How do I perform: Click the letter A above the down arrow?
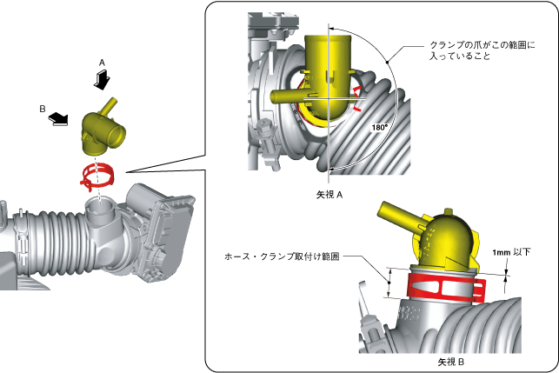(103, 63)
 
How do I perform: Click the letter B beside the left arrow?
(43, 110)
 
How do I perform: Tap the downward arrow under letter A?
(103, 79)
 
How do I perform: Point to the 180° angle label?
(379, 127)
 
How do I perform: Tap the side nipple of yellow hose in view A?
(288, 95)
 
